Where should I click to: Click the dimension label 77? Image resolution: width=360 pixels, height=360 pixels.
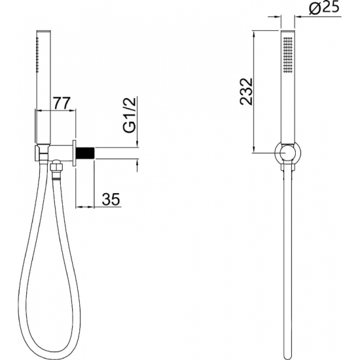61,103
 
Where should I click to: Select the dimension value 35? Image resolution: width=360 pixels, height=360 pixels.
111,199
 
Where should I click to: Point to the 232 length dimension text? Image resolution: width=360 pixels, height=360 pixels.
246,92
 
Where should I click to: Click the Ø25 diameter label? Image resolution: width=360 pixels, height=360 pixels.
324,9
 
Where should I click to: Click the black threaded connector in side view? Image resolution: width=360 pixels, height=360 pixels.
85,153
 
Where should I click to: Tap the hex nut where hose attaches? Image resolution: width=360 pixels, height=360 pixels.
56,166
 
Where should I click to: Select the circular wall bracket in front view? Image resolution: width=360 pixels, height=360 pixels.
288,153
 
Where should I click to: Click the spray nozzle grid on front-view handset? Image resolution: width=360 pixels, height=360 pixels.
288,54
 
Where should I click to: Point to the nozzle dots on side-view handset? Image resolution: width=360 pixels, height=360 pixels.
38,55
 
